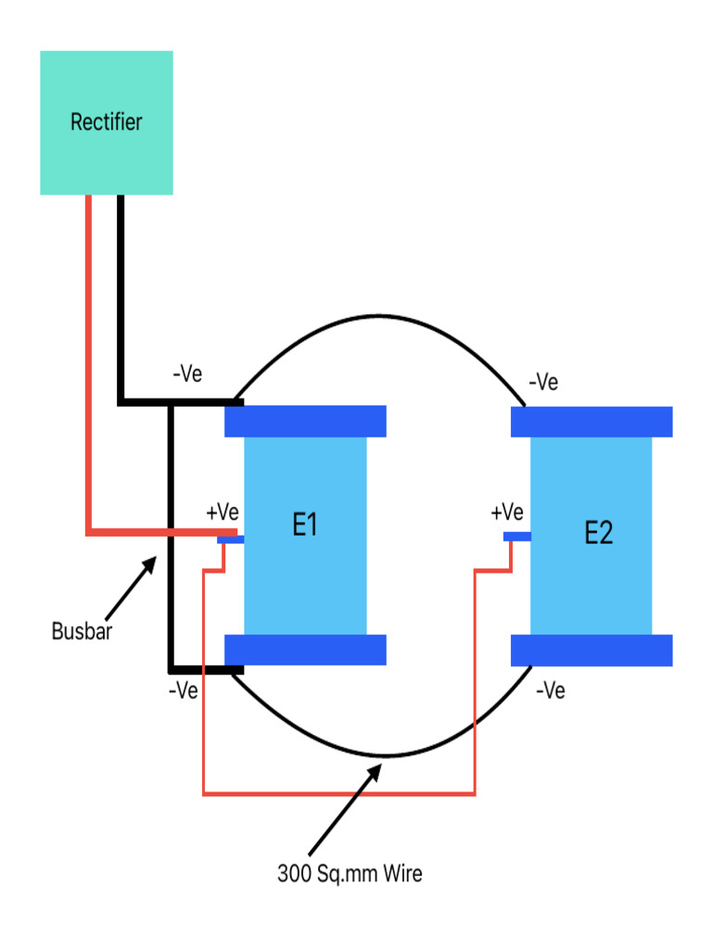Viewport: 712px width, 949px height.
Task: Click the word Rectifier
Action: (x=107, y=121)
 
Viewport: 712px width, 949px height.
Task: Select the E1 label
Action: (x=305, y=525)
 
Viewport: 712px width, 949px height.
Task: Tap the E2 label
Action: (x=598, y=533)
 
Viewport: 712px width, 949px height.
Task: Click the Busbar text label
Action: (x=82, y=634)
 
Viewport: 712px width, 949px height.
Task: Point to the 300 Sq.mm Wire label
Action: (x=350, y=873)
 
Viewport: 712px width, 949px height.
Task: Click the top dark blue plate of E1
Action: (x=305, y=421)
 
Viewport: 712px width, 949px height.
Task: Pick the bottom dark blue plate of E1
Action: (x=305, y=650)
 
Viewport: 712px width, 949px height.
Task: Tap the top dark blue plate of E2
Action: (x=591, y=422)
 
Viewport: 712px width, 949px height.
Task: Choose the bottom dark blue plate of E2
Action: (x=591, y=651)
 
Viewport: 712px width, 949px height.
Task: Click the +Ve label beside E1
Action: (x=222, y=512)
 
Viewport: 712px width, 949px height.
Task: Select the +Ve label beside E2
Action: (x=507, y=512)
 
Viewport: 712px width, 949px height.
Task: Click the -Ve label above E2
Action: (x=543, y=382)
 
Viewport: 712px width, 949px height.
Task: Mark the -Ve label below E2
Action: (x=551, y=690)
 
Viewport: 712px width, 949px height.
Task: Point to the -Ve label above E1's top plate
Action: (x=187, y=374)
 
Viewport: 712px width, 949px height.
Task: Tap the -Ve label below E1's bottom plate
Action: (x=183, y=690)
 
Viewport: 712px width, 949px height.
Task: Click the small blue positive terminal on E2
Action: (x=516, y=537)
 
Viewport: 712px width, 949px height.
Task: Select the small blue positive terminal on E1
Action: (x=231, y=538)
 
